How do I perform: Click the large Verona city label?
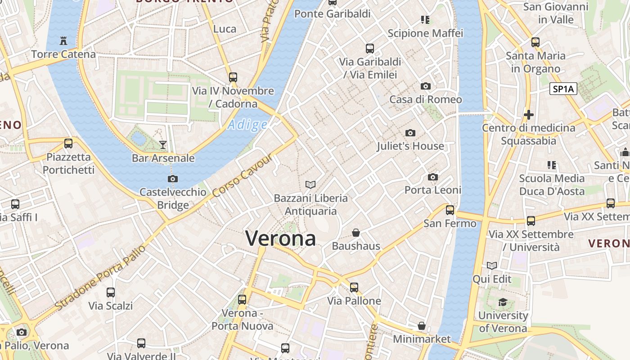280,238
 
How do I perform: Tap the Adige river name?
247,125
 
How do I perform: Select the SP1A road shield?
563,89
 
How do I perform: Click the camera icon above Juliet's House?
410,133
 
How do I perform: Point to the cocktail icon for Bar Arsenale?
163,145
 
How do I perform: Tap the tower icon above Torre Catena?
63,41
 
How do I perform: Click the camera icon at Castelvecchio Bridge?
172,179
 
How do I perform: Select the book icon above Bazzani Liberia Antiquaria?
310,184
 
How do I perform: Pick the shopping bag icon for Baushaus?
356,233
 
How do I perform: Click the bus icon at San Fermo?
450,210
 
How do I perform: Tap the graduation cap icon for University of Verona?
503,302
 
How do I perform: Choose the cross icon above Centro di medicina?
529,115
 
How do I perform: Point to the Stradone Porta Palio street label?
101,278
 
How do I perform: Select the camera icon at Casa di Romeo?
425,86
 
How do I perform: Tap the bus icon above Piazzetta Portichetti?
68,144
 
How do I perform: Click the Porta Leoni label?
433,190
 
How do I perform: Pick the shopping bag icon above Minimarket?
422,325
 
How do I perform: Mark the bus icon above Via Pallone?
354,287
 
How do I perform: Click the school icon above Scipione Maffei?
425,20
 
